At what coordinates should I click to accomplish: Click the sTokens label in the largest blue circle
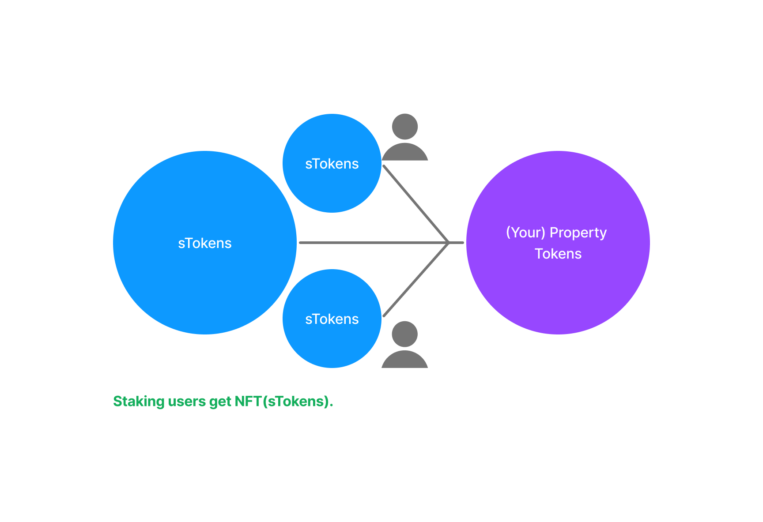click(x=204, y=243)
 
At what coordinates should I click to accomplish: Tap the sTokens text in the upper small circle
click(x=332, y=164)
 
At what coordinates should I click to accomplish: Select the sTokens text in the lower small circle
click(x=332, y=319)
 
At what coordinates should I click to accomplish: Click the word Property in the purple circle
click(x=578, y=233)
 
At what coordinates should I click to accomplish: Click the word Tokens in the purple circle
click(x=558, y=254)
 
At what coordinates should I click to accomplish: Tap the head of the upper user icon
click(x=405, y=127)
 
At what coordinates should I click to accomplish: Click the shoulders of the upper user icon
click(x=405, y=153)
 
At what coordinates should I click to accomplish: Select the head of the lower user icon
click(x=405, y=334)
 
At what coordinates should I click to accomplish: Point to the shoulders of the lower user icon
click(x=405, y=360)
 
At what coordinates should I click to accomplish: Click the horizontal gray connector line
click(x=371, y=243)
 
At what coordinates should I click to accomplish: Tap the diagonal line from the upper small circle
click(x=415, y=203)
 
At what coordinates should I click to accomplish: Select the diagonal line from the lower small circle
click(x=415, y=280)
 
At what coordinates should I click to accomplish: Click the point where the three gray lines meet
click(x=449, y=243)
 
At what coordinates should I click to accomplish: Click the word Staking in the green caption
click(x=139, y=402)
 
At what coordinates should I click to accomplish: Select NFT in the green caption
click(x=248, y=402)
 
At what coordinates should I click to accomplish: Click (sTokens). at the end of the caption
click(x=298, y=402)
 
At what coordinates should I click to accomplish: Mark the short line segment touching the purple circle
click(x=457, y=243)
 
